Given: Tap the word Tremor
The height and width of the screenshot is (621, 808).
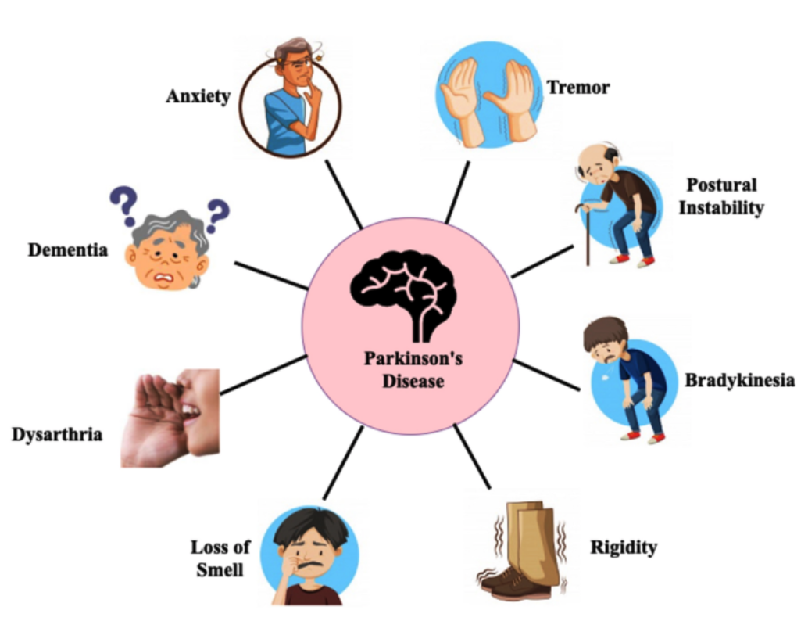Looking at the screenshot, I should click(x=577, y=87).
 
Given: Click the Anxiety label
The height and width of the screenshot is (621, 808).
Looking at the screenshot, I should click(x=198, y=96).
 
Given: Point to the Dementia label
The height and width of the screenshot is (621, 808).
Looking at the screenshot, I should click(x=68, y=251).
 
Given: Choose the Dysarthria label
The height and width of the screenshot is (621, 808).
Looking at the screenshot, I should click(x=57, y=433).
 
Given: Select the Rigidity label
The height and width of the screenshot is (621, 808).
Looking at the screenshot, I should click(x=623, y=547).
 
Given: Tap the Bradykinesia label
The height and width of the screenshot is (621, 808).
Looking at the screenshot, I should click(x=739, y=381).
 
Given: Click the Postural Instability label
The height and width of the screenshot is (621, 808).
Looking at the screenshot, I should click(x=721, y=196).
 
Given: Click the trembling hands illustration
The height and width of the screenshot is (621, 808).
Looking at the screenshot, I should click(x=487, y=102).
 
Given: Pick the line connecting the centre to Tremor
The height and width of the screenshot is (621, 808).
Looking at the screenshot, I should click(x=457, y=192).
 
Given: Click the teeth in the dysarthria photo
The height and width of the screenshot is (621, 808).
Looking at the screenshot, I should click(x=190, y=407).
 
